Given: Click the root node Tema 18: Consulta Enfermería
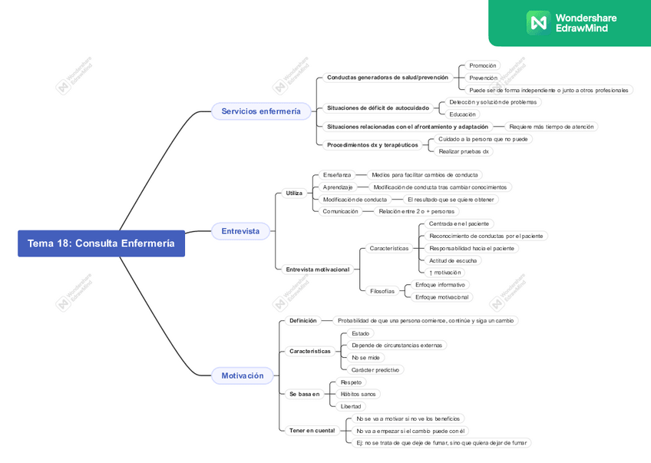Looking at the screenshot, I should tap(101, 243).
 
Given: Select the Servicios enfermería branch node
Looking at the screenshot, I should tap(261, 111).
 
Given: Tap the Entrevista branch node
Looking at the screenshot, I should tap(240, 231).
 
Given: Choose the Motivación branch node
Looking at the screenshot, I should tap(242, 375).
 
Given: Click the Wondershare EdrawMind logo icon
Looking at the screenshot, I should tap(537, 22).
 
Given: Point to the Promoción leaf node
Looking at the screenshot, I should tap(483, 66).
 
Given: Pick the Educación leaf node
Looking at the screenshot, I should tap(463, 114).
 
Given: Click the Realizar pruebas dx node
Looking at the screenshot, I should tap(464, 151).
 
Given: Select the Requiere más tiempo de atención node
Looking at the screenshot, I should tap(551, 127).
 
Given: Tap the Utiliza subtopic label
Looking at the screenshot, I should tap(294, 193).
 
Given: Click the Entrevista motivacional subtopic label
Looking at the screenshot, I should tap(318, 270).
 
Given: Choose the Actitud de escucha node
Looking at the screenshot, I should tap(453, 260).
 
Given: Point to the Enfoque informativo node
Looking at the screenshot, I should tap(440, 285).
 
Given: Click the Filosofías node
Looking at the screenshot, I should tap(382, 291).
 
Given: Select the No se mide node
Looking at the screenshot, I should tap(365, 358).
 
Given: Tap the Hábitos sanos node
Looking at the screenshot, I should tap(358, 394).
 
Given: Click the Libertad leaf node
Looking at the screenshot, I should tap(351, 406).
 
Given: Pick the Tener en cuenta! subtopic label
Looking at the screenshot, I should tap(312, 431).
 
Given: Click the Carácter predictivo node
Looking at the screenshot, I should tap(375, 370).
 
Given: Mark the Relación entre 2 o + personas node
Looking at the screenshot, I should tap(417, 211).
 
